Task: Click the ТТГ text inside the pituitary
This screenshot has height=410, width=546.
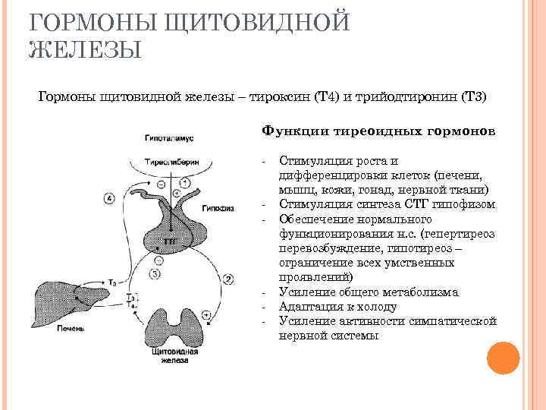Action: pyautogui.click(x=170, y=240)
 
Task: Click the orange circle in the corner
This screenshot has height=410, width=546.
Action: pyautogui.click(x=501, y=357)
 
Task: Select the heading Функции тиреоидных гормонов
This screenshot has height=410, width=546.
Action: pyautogui.click(x=378, y=131)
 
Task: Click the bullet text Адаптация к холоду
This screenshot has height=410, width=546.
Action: pyautogui.click(x=337, y=307)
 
